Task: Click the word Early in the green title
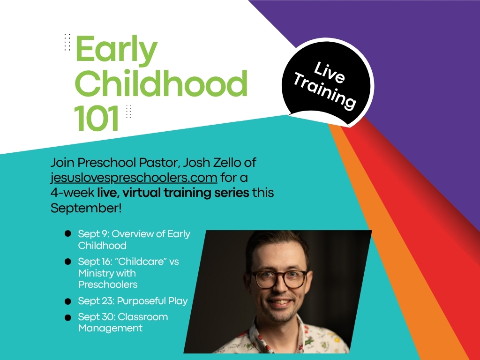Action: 116,51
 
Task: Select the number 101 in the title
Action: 97,118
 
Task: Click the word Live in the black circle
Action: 330,72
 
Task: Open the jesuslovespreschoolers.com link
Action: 134,178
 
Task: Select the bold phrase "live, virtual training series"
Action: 173,193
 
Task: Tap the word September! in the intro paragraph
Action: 86,208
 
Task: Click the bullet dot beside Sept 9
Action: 67,234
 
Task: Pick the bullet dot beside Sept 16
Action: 67,262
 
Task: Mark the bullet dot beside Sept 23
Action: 67,301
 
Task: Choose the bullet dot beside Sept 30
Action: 67,317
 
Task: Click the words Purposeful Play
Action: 152,301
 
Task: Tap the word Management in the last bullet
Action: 110,328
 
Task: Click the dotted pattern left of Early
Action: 67,42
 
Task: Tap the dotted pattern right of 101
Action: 128,111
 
